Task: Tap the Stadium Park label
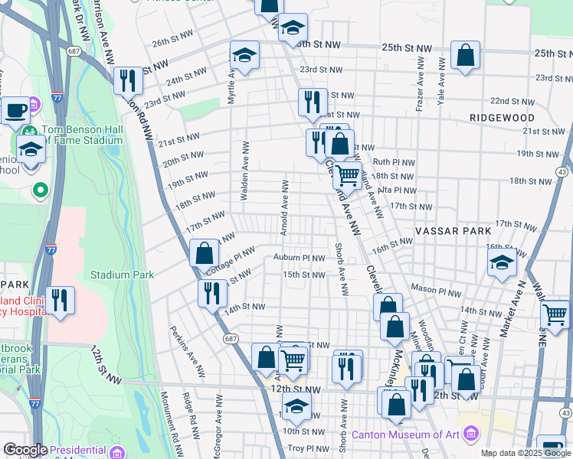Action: point(122,275)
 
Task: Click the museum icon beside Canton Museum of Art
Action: point(471,435)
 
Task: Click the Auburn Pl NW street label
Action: point(299,259)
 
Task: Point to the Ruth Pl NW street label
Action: point(393,162)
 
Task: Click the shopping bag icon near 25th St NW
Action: point(465,55)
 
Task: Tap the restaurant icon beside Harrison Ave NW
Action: point(128,80)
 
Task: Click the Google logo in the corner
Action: point(25,451)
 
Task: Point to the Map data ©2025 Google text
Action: point(525,453)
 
